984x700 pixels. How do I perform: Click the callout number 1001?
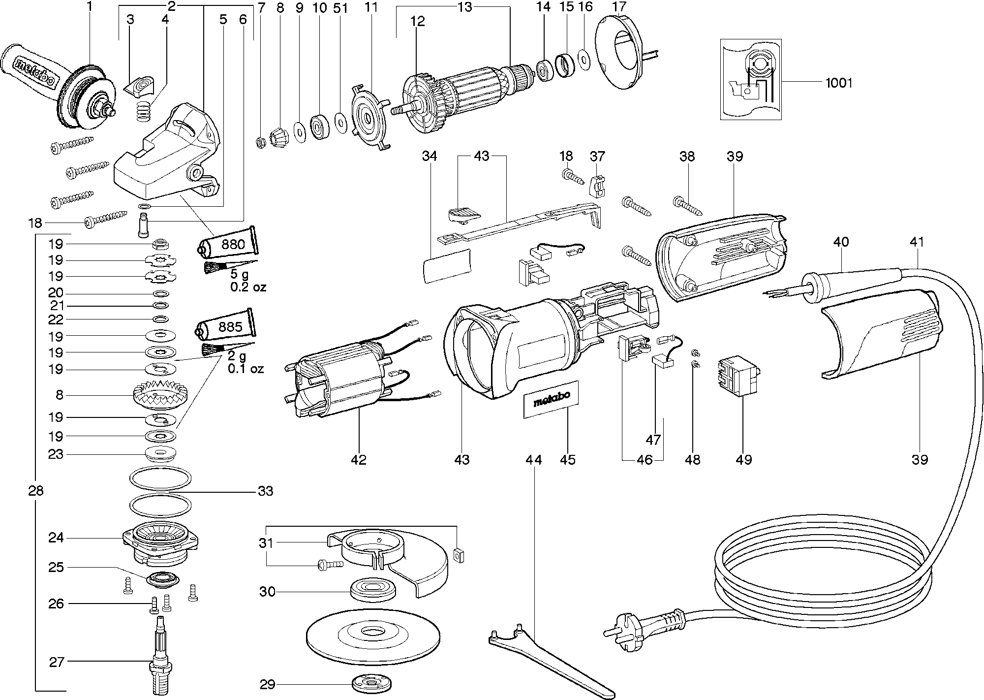[x=838, y=83]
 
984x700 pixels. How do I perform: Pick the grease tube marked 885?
[x=227, y=327]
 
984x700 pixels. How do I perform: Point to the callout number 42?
[x=359, y=460]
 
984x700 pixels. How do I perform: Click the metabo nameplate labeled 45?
[x=551, y=400]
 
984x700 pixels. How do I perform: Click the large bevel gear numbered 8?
[x=161, y=394]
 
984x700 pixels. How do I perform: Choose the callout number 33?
[x=265, y=491]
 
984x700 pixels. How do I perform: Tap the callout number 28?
[x=36, y=491]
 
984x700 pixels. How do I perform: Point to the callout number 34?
[x=429, y=156]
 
